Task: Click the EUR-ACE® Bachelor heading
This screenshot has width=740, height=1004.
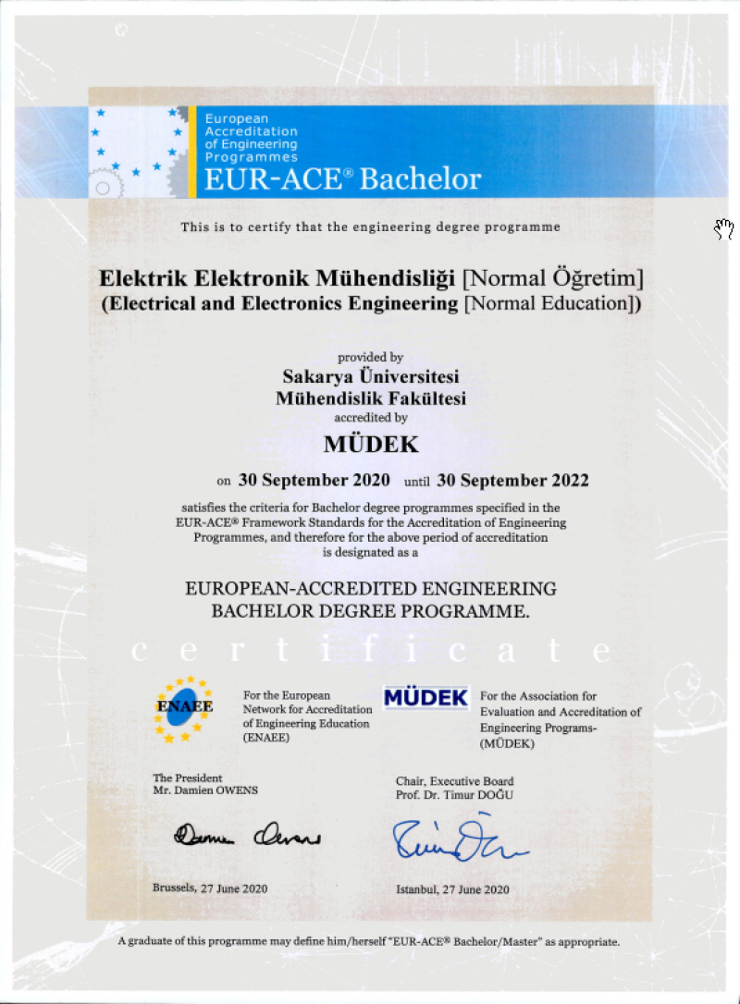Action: pos(342,178)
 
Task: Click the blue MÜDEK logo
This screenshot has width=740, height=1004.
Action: pos(425,698)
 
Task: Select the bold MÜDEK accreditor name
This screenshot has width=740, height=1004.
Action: pos(371,444)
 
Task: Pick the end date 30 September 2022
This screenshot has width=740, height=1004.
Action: pos(512,481)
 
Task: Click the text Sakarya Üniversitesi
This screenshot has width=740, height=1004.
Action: pos(371,378)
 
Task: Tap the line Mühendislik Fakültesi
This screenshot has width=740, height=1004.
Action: pos(371,398)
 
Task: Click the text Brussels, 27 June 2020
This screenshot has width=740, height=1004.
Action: pos(210,888)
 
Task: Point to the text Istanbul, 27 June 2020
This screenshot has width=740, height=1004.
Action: pos(452,889)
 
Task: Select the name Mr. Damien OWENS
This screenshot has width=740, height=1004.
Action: pos(205,791)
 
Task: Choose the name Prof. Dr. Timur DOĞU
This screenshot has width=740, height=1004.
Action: pos(454,795)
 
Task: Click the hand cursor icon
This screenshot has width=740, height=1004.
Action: pos(722,227)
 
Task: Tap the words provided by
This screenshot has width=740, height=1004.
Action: pos(370,358)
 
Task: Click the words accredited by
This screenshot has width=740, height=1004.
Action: pos(370,418)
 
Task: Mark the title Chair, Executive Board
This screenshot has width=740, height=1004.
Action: pos(454,781)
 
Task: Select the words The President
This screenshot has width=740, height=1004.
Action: pos(188,778)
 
